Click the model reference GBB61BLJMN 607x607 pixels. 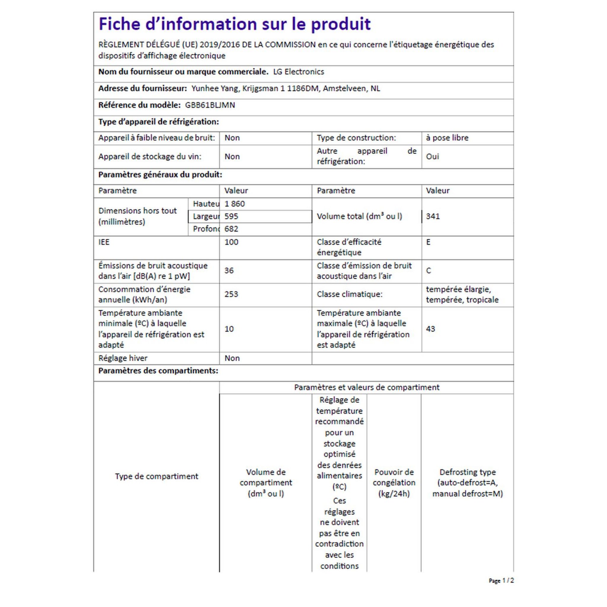pos(210,105)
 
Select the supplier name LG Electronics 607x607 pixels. pos(298,72)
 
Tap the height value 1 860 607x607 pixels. pos(234,204)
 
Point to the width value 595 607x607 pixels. pos(231,216)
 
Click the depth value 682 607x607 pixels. pos(231,229)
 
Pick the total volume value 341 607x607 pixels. pos(433,216)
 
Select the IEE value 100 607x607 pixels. pos(231,242)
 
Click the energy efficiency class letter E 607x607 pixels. pos(428,242)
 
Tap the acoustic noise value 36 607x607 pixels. pos(229,271)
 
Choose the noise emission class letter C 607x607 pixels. pos(429,271)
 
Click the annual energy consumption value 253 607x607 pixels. pos(231,294)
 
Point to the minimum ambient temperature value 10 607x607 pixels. pos(229,329)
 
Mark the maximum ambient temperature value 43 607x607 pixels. pos(430,329)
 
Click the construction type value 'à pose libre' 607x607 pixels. pos(447,138)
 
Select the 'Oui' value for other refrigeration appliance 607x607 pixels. pos(432,156)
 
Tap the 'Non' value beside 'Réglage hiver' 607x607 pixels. pos(232,358)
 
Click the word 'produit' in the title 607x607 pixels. pos(341,24)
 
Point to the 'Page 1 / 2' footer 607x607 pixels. pos(501,581)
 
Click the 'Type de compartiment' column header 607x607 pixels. pos(156,476)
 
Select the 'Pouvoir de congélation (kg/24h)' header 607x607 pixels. pos(394,483)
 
